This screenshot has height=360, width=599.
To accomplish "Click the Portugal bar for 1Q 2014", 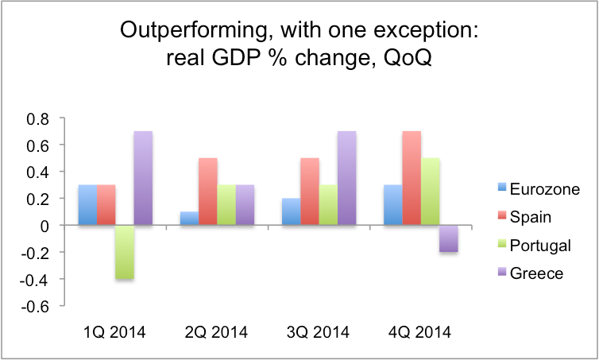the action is (x=125, y=252).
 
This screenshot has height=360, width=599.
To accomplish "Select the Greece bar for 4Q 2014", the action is (x=449, y=238).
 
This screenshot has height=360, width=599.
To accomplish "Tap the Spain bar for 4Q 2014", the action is (x=412, y=178).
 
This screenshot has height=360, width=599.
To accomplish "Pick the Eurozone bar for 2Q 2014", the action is (x=190, y=219).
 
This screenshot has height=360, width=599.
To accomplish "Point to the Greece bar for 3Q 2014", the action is (x=347, y=178).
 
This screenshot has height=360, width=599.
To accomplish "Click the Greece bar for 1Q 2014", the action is (x=143, y=178).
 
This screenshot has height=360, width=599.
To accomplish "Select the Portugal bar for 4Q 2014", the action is (x=430, y=192).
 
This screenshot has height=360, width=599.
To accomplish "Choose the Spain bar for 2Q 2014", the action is (x=208, y=192).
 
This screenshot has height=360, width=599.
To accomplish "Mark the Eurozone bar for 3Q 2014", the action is (x=291, y=211).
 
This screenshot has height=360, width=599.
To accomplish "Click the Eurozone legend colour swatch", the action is (x=502, y=188).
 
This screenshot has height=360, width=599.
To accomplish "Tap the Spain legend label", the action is (x=530, y=217).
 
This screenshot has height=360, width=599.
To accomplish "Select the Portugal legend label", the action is (x=540, y=246).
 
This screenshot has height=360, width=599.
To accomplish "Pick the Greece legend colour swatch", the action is (x=502, y=272).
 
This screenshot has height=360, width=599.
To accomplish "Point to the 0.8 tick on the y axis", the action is (x=38, y=119).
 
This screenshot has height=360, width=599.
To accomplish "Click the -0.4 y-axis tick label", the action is (x=35, y=280).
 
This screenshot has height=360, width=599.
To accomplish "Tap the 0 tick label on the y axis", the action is (x=44, y=226).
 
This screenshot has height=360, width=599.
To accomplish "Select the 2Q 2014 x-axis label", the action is (x=216, y=332).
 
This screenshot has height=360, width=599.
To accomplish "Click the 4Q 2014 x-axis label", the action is (x=419, y=332).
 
